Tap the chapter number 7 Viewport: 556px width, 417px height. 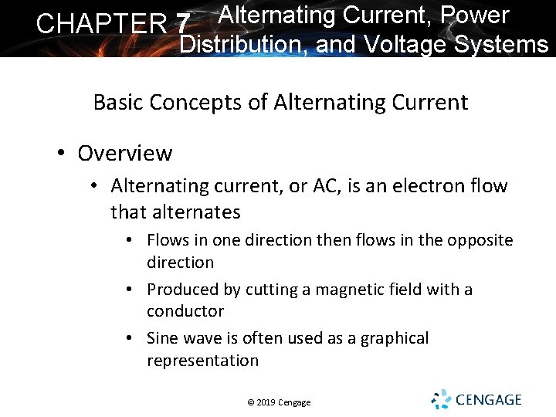click(182, 24)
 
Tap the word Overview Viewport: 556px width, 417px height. click(125, 153)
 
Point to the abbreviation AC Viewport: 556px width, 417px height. click(307, 186)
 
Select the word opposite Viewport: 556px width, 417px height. click(479, 240)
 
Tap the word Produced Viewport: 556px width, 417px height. click(180, 290)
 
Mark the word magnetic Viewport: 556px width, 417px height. click(334, 290)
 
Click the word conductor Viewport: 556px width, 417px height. click(185, 311)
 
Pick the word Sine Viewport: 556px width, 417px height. click(162, 338)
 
